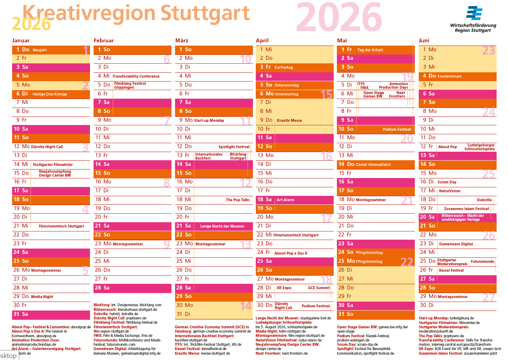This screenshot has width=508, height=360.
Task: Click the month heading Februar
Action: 104,41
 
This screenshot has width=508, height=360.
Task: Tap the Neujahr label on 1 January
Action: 40,50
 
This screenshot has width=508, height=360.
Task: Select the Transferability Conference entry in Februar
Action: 136,76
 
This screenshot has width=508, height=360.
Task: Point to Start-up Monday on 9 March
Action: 209,121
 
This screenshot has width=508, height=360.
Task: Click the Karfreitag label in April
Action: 284,67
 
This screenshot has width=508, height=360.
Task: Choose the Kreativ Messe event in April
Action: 289,121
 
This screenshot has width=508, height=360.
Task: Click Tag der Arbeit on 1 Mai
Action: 370,50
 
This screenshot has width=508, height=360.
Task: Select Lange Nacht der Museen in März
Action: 222,226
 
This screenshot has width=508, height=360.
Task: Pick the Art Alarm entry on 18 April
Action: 285,200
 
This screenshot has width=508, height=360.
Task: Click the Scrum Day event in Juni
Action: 447,182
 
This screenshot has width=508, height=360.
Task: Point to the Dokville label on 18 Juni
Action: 484,200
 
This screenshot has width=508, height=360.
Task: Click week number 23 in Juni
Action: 488,51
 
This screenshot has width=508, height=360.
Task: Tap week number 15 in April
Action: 326,94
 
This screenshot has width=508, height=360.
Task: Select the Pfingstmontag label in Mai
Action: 369,262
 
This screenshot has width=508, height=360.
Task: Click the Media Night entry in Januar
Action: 42,297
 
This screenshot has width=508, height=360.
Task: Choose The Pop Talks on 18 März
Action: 238,200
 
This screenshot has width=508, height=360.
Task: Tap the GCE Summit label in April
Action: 319,288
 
